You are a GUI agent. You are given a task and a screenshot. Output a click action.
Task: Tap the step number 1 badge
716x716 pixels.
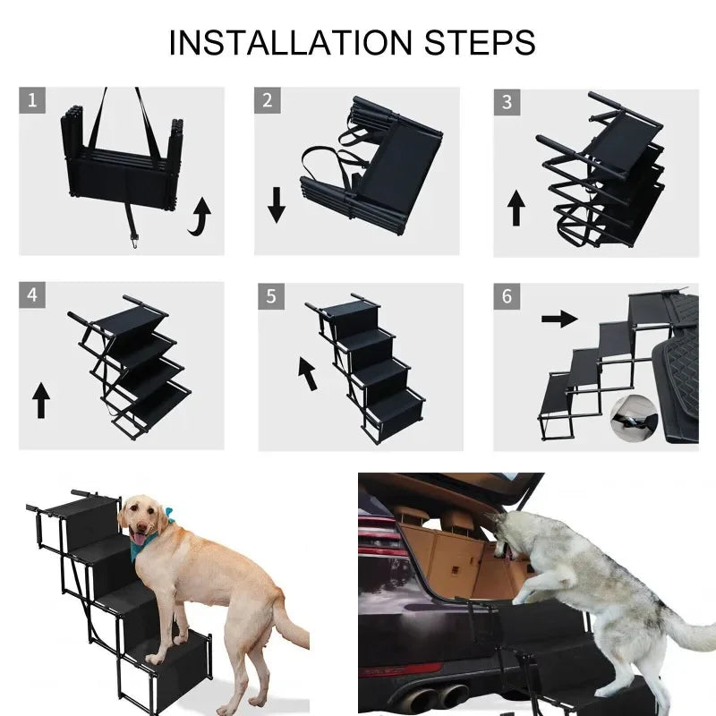(x=33, y=100)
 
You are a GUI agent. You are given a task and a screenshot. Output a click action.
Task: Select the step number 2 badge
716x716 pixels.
(x=267, y=100)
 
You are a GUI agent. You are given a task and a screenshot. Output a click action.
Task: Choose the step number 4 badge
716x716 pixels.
(x=33, y=294)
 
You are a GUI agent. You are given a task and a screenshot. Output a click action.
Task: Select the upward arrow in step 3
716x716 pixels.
(x=516, y=207)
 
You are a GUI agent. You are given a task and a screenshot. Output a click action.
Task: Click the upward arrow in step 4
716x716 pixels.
(x=40, y=399)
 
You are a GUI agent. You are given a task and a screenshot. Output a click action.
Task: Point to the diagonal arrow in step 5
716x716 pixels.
(x=307, y=372)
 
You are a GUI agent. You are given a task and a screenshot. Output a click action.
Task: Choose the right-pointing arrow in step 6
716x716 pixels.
(x=559, y=319)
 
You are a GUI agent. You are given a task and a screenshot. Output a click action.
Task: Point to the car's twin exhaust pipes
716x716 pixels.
(x=439, y=695)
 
